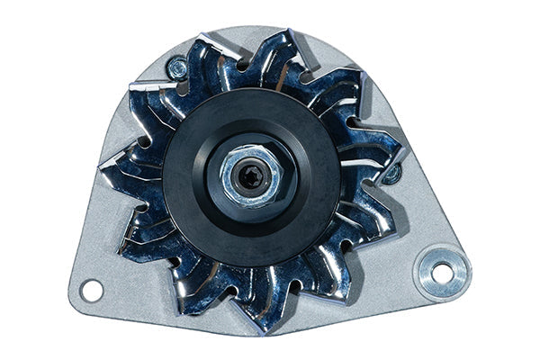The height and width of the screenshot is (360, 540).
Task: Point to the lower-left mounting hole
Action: pyautogui.click(x=91, y=290)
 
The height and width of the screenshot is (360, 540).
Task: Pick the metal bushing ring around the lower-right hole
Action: pyautogui.click(x=429, y=264)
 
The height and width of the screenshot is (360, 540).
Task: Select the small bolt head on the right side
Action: pyautogui.click(x=391, y=173)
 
